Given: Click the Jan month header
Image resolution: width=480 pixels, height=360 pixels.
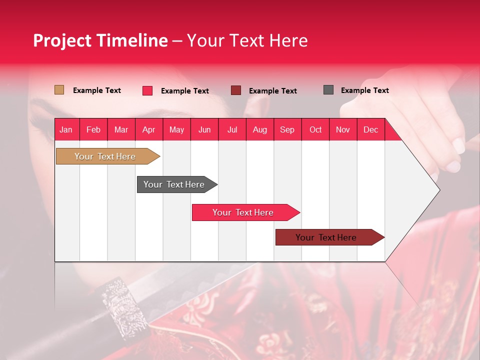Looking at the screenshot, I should (66, 129).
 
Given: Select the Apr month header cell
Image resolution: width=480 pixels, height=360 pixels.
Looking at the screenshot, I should (148, 129).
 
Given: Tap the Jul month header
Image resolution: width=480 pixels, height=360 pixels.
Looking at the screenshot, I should (232, 129).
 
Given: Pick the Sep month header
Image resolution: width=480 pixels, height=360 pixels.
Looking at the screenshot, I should (287, 129).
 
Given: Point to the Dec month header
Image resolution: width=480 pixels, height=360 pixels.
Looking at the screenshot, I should (370, 129).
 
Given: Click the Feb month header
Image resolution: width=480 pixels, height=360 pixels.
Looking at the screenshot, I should (93, 129).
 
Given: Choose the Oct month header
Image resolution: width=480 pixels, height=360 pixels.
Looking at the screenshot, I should (315, 129).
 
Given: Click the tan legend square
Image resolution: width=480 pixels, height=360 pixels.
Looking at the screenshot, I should (59, 90).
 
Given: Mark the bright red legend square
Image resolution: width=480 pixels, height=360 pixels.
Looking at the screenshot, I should (147, 90).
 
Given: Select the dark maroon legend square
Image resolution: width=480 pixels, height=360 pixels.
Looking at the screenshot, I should (236, 90).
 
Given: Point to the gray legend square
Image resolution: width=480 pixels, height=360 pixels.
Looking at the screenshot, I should (328, 90).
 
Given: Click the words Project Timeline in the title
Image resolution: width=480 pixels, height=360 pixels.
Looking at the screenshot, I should (100, 40).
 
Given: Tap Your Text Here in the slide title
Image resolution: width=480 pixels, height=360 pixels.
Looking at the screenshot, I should (247, 40).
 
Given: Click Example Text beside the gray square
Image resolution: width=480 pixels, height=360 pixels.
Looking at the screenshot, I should (364, 90).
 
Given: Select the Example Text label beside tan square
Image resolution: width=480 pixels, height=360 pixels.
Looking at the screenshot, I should (97, 90).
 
